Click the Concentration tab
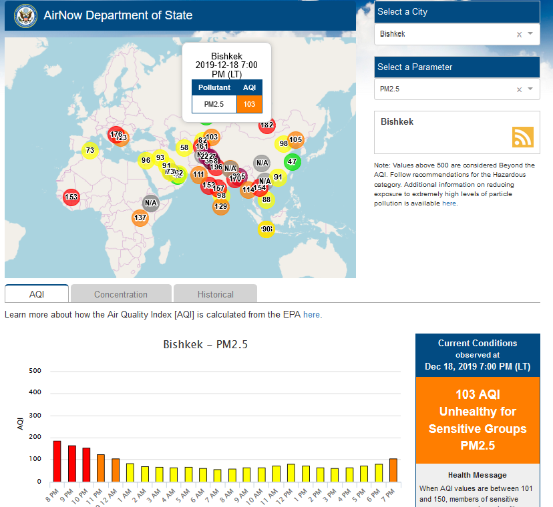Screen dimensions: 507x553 (121, 294)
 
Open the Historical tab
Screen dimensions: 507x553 (215, 294)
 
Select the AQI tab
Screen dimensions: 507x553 (37, 294)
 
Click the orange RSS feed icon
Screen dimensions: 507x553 (523, 136)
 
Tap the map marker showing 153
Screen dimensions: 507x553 (71, 197)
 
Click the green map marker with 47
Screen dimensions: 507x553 (292, 161)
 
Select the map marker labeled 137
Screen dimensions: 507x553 (140, 218)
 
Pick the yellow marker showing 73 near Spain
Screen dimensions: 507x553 (90, 151)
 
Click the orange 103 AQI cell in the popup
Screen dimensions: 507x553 (249, 103)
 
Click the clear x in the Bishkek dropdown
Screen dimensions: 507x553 (519, 34)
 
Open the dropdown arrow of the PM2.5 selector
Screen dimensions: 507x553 (530, 88)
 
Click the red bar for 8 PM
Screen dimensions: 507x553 (57, 461)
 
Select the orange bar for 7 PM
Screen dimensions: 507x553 (393, 470)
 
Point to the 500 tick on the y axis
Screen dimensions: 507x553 (35, 371)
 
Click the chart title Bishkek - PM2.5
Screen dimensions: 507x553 (206, 345)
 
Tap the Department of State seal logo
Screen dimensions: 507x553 (25, 15)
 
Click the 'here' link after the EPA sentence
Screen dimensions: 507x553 (311, 314)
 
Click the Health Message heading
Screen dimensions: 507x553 (477, 474)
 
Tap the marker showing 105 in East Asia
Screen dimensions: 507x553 (296, 139)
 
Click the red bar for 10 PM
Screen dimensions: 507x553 (86, 464)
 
